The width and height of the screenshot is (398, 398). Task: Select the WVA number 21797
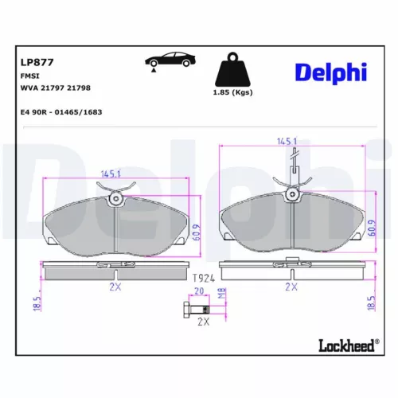tap(57, 88)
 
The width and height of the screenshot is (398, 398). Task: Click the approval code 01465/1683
tap(86, 112)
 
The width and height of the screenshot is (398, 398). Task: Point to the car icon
tap(167, 62)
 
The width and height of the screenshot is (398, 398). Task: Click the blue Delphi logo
tap(330, 72)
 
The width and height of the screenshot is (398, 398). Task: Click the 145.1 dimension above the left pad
tap(111, 174)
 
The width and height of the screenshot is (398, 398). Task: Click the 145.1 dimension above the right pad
tap(287, 141)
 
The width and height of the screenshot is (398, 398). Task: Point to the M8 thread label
tap(222, 295)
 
